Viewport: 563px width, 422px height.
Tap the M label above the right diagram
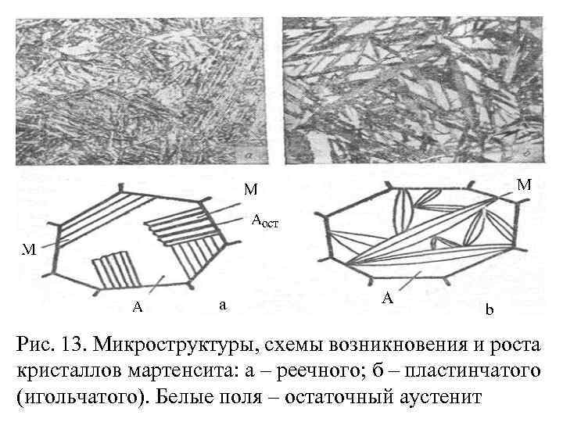525,184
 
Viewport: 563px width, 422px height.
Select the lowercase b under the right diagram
489,311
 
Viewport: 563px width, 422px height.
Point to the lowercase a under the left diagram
223,305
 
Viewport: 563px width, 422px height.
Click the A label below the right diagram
388,299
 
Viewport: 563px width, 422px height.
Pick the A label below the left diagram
137,306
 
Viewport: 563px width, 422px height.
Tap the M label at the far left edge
29,249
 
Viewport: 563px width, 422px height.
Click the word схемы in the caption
289,345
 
